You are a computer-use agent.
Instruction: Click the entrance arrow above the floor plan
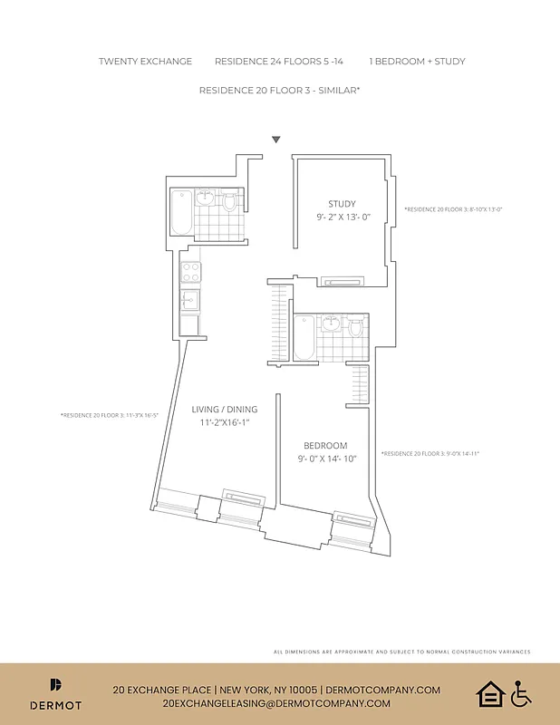(x=276, y=140)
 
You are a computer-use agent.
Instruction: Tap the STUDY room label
(x=342, y=204)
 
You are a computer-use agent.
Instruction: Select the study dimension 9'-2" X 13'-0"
(x=343, y=217)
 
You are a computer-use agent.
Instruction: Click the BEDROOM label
(x=325, y=445)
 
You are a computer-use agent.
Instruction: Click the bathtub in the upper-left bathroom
(x=181, y=212)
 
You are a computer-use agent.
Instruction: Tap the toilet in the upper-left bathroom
(x=230, y=200)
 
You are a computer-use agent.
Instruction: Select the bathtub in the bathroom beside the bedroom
(x=304, y=337)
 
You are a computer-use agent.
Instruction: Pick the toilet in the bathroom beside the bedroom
(x=356, y=325)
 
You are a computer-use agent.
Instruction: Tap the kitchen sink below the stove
(x=190, y=300)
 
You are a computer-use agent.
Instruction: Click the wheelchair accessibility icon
(x=521, y=695)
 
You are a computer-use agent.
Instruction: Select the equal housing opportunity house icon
(x=489, y=695)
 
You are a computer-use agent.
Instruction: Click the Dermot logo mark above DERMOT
(x=56, y=685)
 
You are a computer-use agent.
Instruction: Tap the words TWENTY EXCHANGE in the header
(x=145, y=62)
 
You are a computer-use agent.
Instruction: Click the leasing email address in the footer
(x=276, y=703)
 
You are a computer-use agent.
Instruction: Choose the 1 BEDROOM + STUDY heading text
(x=417, y=62)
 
